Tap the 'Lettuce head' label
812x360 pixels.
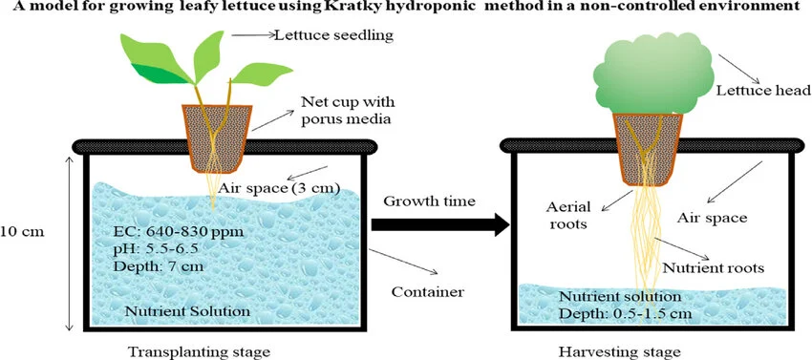coord(750,91)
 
